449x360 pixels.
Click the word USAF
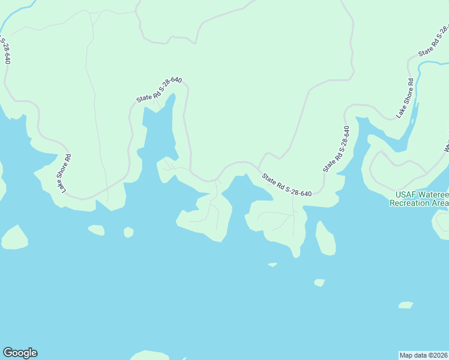(x=405, y=194)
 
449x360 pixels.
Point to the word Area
(x=440, y=203)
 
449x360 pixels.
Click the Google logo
(x=20, y=353)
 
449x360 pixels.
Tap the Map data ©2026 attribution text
(x=423, y=355)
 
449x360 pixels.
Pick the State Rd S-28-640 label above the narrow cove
(x=158, y=89)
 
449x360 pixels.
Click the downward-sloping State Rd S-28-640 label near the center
(x=286, y=185)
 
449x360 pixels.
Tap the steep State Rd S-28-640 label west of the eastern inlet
(x=336, y=149)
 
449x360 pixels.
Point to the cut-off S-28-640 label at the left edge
(x=5, y=51)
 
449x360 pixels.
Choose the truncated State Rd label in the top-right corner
(x=433, y=41)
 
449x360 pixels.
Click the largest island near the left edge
(x=14, y=238)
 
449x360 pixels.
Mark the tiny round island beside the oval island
(x=128, y=232)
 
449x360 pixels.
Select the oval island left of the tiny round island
(x=96, y=230)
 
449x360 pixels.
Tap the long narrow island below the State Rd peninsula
(x=325, y=238)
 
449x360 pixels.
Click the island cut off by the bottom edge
(x=148, y=355)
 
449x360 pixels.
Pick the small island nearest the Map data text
(x=406, y=305)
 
